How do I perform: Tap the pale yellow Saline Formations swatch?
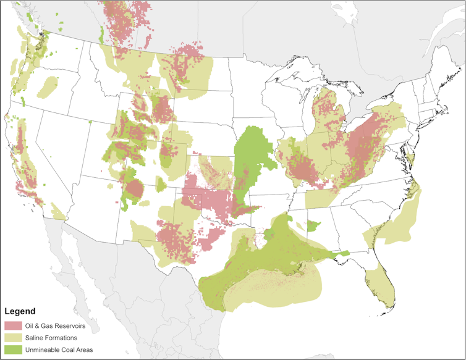12,337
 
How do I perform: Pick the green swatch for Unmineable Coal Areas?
12,349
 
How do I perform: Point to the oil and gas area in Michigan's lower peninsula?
325,111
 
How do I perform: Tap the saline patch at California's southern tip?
58,212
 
